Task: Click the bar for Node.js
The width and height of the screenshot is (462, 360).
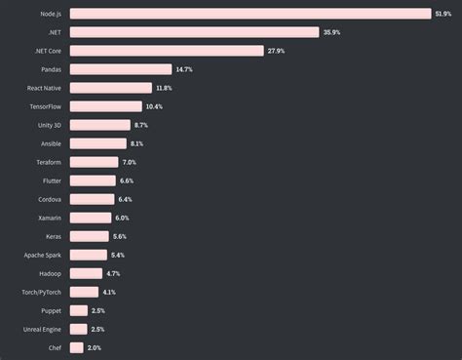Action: pyautogui.click(x=250, y=14)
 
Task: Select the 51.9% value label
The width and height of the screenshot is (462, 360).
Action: pyautogui.click(x=443, y=14)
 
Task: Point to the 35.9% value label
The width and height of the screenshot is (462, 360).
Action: pyautogui.click(x=332, y=32)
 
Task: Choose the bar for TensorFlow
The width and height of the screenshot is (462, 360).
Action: pyautogui.click(x=106, y=106)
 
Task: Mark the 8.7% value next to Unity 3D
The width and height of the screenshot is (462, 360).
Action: pyautogui.click(x=142, y=125)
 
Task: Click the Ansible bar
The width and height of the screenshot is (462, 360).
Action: pyautogui.click(x=98, y=143)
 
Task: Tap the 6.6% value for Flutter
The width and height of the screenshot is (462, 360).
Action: pyautogui.click(x=127, y=180)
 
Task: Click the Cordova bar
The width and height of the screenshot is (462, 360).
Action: pyautogui.click(x=93, y=199)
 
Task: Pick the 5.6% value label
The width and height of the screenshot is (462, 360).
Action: pyautogui.click(x=120, y=236)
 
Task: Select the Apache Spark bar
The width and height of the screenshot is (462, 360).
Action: pyautogui.click(x=89, y=255)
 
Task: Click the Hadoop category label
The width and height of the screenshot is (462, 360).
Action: pyautogui.click(x=50, y=273)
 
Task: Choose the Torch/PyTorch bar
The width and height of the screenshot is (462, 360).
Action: pyautogui.click(x=84, y=292)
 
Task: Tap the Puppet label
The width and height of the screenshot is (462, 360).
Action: pyautogui.click(x=51, y=310)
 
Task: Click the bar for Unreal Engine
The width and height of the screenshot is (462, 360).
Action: pyautogui.click(x=78, y=329)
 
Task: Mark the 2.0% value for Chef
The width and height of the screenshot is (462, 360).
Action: pyautogui.click(x=95, y=347)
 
